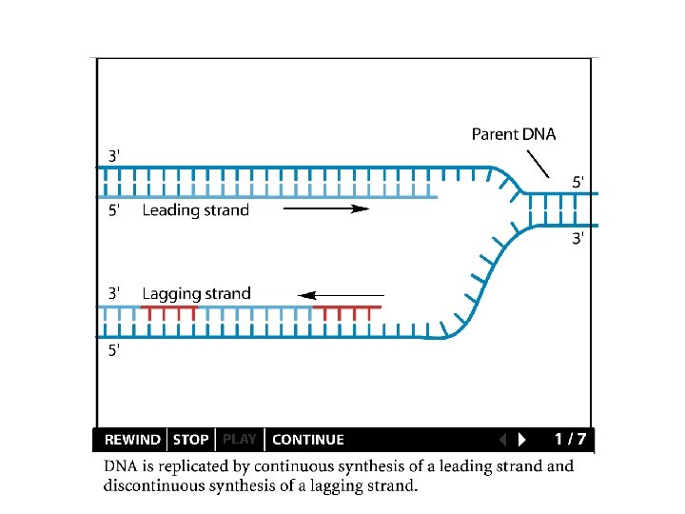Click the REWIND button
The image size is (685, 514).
click(132, 440)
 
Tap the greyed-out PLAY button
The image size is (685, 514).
click(240, 440)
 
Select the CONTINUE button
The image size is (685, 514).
click(308, 440)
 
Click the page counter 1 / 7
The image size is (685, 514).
click(570, 439)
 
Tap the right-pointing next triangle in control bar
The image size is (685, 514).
click(521, 440)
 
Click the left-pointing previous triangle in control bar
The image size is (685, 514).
click(503, 440)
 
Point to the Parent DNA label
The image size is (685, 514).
click(514, 134)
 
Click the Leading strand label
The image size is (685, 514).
click(195, 210)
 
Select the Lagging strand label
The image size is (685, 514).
click(196, 293)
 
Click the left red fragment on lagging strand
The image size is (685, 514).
click(168, 308)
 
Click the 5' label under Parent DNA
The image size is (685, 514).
click(578, 180)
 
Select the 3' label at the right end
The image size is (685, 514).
click(578, 239)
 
